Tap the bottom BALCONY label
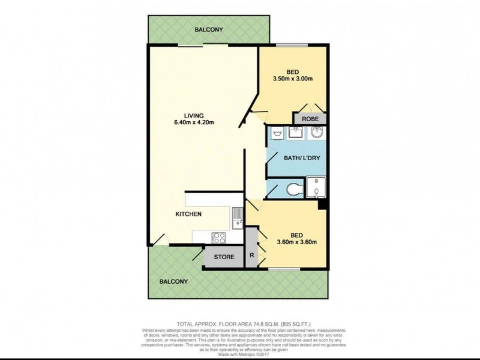pos(173,281)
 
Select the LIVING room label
pos(194,116)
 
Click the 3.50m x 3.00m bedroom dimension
pos(294,79)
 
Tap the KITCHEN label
pos(188,214)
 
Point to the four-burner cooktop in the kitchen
pos(218,237)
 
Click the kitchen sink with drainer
pos(237,219)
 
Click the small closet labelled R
pos(251,254)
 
